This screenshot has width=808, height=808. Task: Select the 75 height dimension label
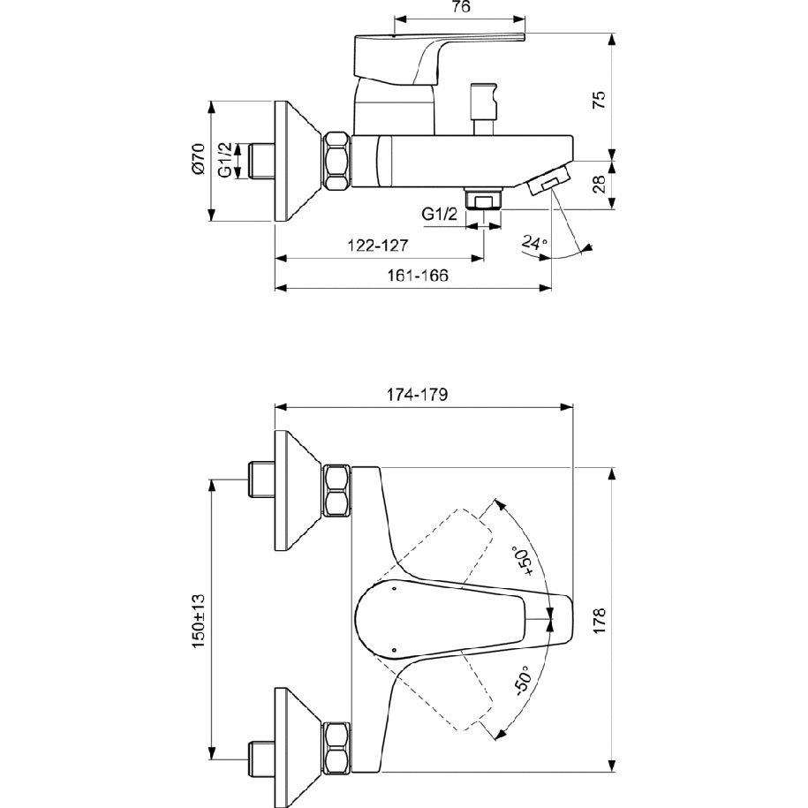600,99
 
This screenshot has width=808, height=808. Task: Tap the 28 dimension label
600,184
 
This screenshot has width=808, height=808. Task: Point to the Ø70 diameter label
197,158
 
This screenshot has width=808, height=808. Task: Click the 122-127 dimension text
377,245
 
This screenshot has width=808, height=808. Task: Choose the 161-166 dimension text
418,276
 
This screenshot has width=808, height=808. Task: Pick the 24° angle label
533,242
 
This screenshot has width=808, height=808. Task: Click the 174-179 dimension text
418,394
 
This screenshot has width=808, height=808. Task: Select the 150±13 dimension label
199,621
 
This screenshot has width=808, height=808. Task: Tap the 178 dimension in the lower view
600,621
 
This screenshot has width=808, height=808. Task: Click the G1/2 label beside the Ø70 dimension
225,160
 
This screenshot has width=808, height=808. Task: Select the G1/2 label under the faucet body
440,214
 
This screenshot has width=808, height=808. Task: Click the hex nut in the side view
337,161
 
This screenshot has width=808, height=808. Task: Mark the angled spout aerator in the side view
548,179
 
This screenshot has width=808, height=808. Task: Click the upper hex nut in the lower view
337,490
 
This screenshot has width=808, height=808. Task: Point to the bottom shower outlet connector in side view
483,199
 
